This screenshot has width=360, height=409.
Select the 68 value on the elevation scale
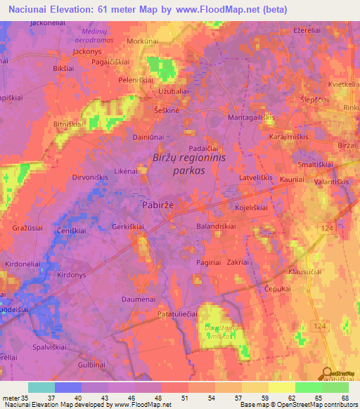(x=343, y=398)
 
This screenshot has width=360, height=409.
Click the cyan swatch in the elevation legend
(x=41, y=387)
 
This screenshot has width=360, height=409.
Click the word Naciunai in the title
(x=29, y=8)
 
